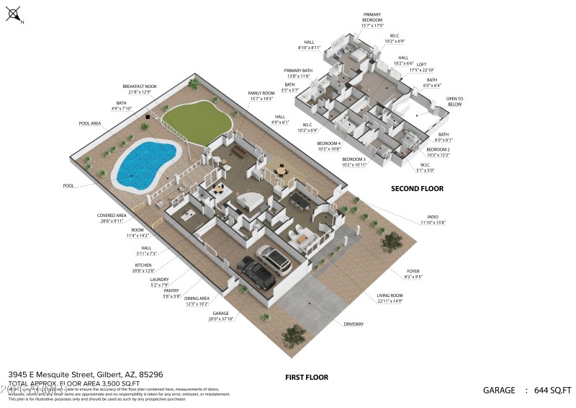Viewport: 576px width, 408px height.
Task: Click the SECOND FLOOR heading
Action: click(x=417, y=189)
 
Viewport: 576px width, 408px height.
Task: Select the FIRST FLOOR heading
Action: click(x=307, y=377)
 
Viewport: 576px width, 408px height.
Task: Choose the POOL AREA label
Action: click(x=90, y=124)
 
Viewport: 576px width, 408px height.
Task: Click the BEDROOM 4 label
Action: click(x=329, y=143)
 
